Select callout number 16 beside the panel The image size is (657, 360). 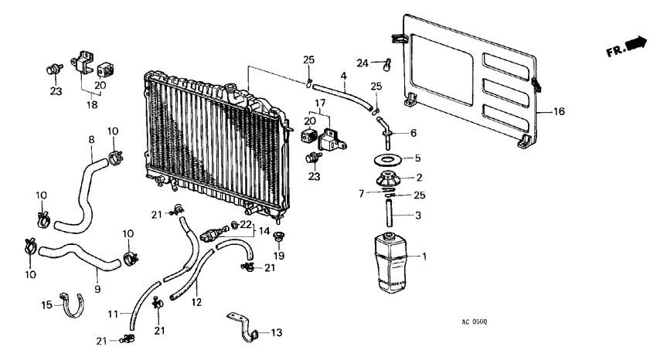point(559,111)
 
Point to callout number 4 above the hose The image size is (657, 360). point(343,75)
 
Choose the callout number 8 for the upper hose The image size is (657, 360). point(91,140)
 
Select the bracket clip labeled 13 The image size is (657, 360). point(241,325)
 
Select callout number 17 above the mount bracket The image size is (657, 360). point(320,103)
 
